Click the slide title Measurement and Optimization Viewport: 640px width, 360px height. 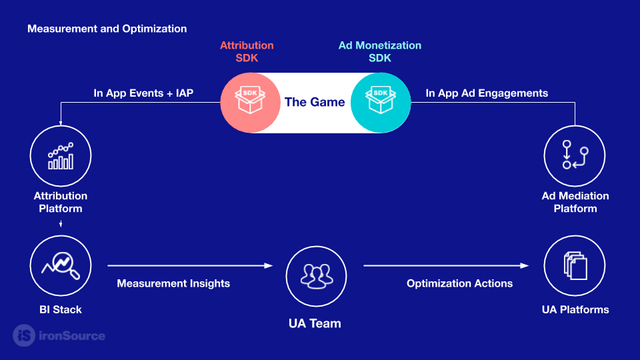tap(107, 29)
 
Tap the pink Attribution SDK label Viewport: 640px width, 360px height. tap(247, 51)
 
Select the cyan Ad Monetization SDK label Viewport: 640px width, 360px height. tap(380, 51)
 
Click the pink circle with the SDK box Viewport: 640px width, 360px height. tap(251, 102)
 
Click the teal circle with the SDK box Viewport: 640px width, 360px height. tap(381, 102)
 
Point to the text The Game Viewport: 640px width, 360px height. tap(315, 102)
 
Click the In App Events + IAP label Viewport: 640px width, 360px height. tap(143, 93)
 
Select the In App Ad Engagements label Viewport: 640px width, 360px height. tap(487, 93)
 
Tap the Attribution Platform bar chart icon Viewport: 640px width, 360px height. tap(61, 156)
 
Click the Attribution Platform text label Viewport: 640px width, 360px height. tap(61, 202)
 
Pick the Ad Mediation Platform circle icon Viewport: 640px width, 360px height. tap(575, 156)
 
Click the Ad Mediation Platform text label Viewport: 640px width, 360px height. tap(575, 202)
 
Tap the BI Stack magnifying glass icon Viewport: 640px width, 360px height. tap(61, 265)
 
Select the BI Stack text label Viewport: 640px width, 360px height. tap(61, 309)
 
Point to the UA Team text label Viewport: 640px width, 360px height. tap(315, 323)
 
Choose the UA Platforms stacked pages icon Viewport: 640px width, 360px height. tap(575, 265)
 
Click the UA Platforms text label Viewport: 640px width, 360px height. tap(575, 309)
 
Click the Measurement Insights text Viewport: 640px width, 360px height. tap(173, 283)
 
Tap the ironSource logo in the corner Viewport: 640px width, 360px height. tap(60, 335)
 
